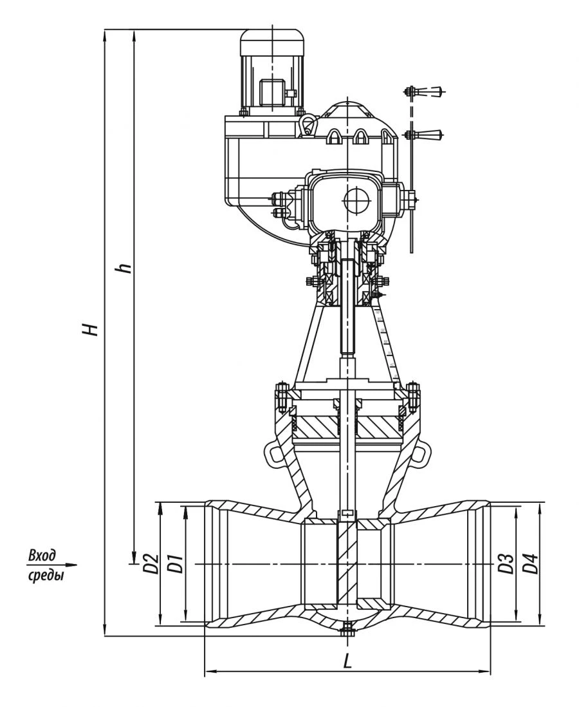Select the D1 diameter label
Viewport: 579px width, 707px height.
pyautogui.click(x=173, y=563)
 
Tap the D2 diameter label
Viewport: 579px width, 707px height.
pyautogui.click(x=150, y=563)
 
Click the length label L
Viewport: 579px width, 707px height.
pyautogui.click(x=347, y=661)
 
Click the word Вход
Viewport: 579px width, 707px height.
pyautogui.click(x=43, y=555)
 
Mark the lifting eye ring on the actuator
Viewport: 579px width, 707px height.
pyautogui.click(x=308, y=124)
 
